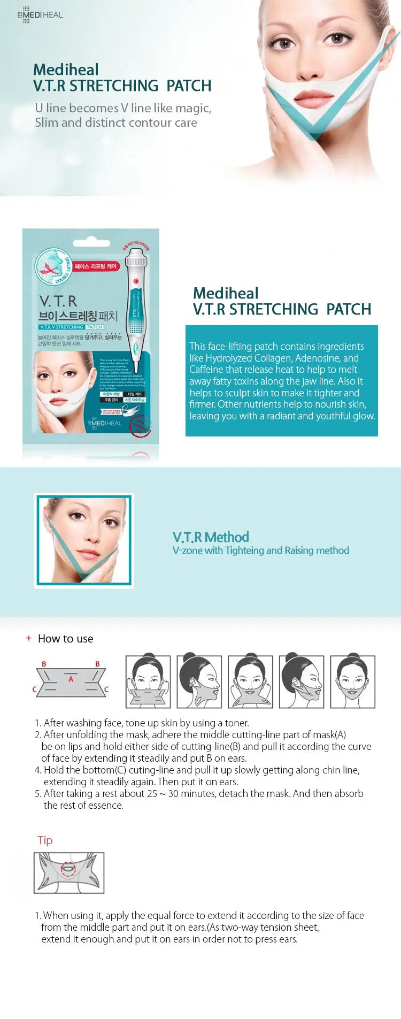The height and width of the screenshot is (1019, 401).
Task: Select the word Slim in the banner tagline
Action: click(47, 122)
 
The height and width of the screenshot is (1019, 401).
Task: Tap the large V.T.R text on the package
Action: click(58, 301)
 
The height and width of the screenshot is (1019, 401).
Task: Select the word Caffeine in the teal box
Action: click(206, 370)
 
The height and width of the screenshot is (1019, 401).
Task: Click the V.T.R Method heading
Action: click(211, 537)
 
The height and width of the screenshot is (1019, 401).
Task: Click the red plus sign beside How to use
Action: click(29, 638)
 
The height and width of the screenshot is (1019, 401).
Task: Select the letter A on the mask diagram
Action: click(71, 679)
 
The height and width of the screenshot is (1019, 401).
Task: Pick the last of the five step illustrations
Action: click(353, 681)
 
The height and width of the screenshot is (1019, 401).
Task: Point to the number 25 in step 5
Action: click(151, 793)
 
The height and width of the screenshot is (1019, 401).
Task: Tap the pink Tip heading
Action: click(45, 840)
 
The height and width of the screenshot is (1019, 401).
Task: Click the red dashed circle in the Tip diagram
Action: click(67, 869)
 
